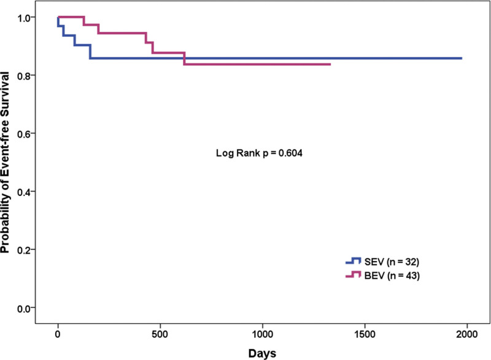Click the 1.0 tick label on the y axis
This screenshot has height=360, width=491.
(24, 18)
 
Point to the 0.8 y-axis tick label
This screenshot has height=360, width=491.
(24, 76)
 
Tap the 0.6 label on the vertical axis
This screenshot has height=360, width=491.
(24, 134)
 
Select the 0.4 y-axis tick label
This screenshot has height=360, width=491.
(24, 192)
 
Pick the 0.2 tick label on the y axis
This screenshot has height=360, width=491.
(24, 250)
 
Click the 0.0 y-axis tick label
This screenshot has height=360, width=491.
(24, 308)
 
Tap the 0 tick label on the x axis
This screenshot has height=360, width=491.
(58, 334)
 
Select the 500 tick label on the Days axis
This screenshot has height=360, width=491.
(160, 334)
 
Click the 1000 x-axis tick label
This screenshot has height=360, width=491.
(263, 334)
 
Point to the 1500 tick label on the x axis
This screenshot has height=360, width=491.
(365, 334)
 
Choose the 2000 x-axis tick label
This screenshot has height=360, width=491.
(467, 334)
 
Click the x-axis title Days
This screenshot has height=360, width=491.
(263, 353)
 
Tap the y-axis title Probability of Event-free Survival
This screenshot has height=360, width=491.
(6, 162)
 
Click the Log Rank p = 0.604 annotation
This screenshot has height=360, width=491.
(259, 153)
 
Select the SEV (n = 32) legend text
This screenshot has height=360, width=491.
(392, 262)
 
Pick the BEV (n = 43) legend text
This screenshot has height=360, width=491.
(392, 276)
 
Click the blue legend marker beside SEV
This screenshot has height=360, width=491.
(354, 260)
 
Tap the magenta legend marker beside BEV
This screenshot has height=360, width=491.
(354, 275)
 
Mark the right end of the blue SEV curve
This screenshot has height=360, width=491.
(462, 58)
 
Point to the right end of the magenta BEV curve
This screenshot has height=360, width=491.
(330, 65)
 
